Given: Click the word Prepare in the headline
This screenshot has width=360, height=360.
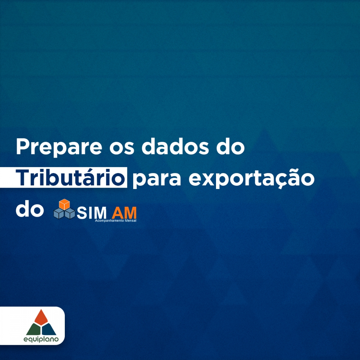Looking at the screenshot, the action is (x=59, y=147).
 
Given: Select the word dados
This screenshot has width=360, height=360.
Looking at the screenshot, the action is (x=175, y=147).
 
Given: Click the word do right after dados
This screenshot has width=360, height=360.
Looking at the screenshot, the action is (x=230, y=147).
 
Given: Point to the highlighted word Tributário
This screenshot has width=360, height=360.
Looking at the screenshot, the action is (x=70, y=177).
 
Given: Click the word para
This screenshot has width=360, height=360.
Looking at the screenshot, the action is (x=157, y=180).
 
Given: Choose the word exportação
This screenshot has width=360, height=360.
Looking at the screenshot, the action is (x=251, y=179).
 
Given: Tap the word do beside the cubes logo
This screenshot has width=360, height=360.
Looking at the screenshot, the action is (x=30, y=209).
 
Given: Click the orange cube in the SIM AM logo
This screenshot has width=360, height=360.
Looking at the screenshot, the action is (x=64, y=204).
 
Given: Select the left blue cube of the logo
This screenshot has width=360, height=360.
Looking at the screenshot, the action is (x=59, y=213).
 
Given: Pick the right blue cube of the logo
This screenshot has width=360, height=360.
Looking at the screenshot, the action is (x=70, y=213).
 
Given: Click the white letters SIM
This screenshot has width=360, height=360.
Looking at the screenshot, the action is (x=91, y=213).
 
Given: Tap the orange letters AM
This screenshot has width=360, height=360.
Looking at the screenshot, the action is (x=124, y=213).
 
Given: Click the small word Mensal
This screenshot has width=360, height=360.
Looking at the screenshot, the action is (x=130, y=221).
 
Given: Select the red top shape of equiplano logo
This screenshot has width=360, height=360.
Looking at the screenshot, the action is (x=41, y=318).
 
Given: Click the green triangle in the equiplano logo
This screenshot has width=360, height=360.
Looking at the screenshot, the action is (x=33, y=330).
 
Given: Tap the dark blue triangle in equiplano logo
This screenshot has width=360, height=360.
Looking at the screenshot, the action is (x=49, y=330).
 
